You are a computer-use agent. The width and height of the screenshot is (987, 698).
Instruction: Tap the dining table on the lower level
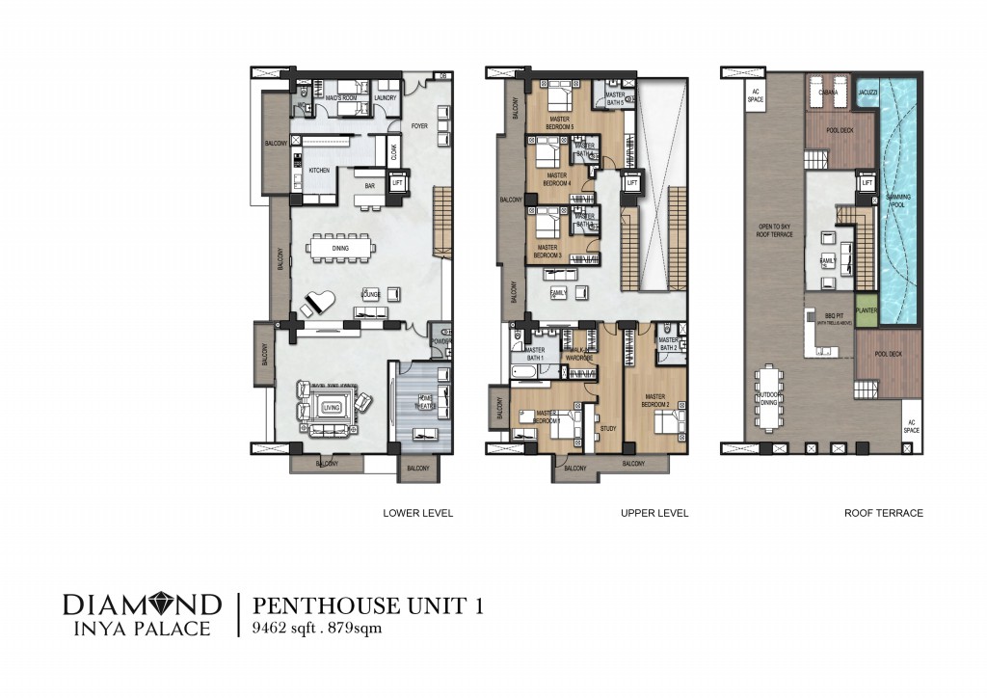coord(339,249)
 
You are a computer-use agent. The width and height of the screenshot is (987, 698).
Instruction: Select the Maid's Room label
coord(342,97)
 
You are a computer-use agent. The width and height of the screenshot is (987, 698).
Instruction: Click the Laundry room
coord(385,97)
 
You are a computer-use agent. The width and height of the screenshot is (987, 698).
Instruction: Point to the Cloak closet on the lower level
coord(393,151)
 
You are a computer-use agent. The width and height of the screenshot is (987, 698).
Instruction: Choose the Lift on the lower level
coord(395,181)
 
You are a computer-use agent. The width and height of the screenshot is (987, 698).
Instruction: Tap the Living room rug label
coord(333,408)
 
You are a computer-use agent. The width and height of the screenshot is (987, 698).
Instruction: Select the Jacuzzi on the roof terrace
coord(866,92)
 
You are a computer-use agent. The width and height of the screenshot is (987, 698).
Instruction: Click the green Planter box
coord(865,310)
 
